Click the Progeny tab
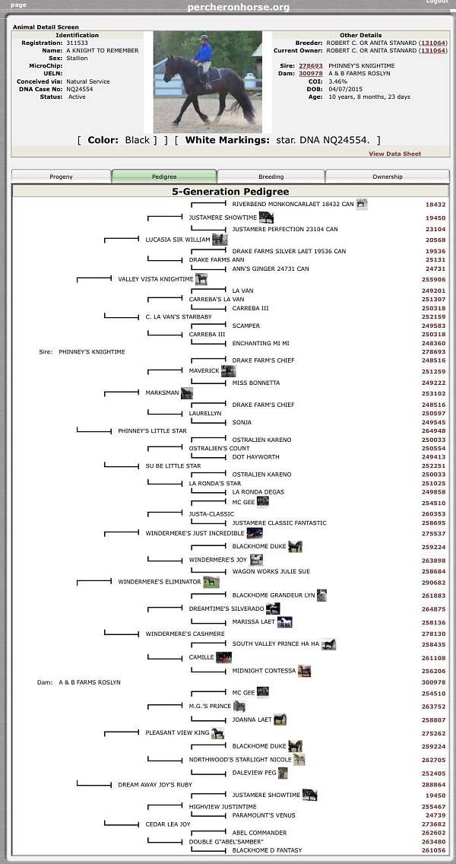61,176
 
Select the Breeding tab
271,176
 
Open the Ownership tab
387,176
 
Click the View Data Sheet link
395,154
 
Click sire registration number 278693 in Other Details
311,65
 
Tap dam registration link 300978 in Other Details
311,73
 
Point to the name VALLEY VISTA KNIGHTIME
156,279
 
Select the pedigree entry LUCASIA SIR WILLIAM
178,240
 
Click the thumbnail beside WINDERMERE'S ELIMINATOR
211,582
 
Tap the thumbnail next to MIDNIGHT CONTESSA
304,671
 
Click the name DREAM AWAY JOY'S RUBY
155,785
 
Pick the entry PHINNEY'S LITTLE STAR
153,430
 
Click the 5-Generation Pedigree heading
230,192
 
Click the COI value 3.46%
337,81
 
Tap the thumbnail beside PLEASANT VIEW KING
218,733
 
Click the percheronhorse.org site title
239,7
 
